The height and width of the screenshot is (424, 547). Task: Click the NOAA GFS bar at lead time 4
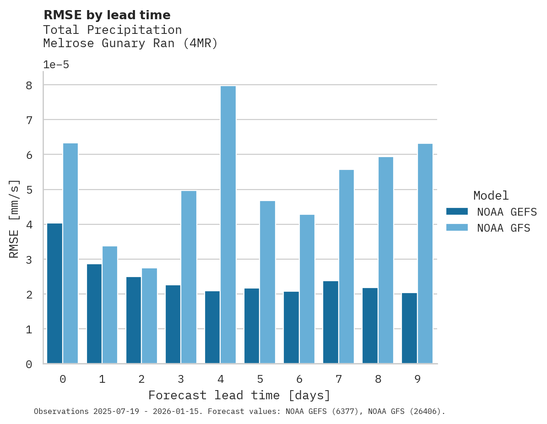click(228, 224)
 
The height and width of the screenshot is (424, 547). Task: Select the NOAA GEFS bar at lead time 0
click(54, 293)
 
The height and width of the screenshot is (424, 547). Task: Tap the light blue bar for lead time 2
click(149, 316)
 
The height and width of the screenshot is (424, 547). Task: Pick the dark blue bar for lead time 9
click(409, 328)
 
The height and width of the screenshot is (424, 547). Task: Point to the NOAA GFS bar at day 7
click(346, 266)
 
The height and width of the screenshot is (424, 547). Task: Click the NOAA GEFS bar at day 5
click(252, 326)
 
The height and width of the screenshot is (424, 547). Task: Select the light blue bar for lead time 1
click(110, 304)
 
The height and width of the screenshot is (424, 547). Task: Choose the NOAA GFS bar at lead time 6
click(307, 289)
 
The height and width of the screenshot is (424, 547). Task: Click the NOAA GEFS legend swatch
click(457, 211)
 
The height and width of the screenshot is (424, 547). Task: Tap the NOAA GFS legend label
click(503, 228)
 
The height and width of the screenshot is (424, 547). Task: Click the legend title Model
click(491, 196)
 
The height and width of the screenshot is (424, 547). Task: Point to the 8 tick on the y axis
click(29, 86)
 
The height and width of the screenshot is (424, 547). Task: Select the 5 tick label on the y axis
click(29, 190)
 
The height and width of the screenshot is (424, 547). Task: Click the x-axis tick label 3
click(181, 379)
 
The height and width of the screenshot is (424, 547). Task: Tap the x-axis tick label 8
click(378, 379)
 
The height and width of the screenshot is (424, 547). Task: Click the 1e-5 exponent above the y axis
click(56, 65)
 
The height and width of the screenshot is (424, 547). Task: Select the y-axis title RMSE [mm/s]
click(15, 218)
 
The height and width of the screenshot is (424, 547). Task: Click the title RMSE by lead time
click(107, 15)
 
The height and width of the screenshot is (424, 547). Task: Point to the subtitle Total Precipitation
click(112, 30)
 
